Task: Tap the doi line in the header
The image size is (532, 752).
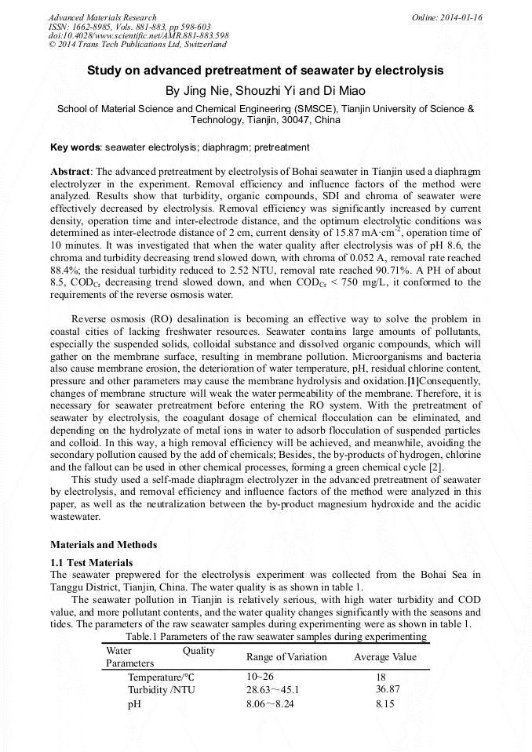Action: tap(139, 36)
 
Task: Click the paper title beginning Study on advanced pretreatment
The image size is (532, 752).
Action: tap(265, 71)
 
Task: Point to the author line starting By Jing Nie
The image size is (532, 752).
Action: tap(266, 91)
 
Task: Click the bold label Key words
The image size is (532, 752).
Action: tap(75, 147)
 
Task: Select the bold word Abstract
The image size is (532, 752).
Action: tap(71, 171)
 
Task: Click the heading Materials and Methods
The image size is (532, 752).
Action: tap(104, 545)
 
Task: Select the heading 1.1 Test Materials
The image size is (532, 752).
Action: tap(92, 563)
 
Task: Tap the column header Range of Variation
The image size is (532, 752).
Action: tap(286, 657)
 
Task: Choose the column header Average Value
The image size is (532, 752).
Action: tap(385, 657)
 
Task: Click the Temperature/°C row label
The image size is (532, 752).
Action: tap(161, 677)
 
